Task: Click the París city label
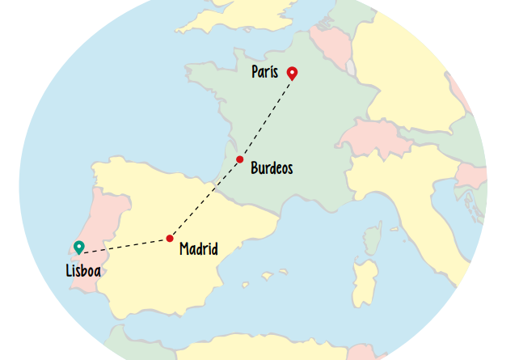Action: tap(264, 73)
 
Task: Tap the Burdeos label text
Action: tap(272, 169)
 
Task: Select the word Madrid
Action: tap(199, 248)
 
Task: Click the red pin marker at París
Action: tap(292, 74)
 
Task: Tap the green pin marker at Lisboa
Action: tap(78, 248)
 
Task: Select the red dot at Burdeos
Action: tap(240, 159)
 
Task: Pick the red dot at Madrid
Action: tap(170, 238)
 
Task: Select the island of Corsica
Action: tap(372, 237)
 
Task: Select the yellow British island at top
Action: tap(243, 20)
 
